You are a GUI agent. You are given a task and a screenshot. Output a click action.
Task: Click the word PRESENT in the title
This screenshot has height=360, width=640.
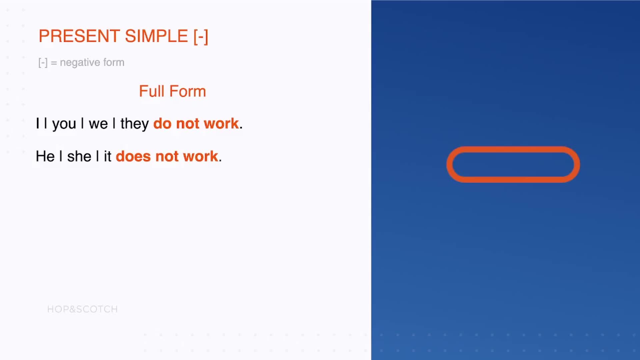[x=79, y=36]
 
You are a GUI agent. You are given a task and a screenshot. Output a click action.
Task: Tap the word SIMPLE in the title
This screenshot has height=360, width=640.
[x=157, y=36]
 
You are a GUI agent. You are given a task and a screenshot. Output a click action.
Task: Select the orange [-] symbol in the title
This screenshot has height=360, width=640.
[x=201, y=37]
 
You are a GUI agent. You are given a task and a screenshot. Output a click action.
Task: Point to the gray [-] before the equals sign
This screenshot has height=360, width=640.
[x=43, y=62]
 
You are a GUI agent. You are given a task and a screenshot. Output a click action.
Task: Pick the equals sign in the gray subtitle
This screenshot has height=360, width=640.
[x=54, y=63]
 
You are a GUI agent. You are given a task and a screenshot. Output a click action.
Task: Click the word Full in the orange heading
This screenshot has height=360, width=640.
[x=152, y=91]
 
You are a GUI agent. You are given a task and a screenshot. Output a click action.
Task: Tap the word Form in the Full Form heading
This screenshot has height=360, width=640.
[x=188, y=91]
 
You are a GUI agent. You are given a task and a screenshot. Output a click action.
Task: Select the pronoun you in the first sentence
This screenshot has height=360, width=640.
[x=64, y=124]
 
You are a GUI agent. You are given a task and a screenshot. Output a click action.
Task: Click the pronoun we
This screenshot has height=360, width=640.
[x=98, y=124]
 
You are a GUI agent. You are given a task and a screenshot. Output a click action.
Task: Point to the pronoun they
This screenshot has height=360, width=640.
[x=135, y=124]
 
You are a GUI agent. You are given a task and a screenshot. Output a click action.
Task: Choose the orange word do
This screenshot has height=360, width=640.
[x=162, y=123]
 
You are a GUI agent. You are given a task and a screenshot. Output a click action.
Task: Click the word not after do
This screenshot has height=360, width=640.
[x=188, y=124]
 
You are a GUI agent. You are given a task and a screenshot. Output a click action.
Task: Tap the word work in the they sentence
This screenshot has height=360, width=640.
[x=221, y=123]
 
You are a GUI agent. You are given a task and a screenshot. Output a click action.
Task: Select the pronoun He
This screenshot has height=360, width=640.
[x=45, y=156]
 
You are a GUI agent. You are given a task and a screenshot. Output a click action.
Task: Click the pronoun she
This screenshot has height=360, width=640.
[x=79, y=156]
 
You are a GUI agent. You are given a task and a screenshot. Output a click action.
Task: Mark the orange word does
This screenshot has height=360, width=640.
[x=133, y=156]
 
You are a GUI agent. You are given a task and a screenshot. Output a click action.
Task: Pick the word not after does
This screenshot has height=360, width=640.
[x=167, y=157]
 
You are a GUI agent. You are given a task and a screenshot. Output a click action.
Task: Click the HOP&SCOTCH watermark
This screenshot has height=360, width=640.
[x=82, y=309]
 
